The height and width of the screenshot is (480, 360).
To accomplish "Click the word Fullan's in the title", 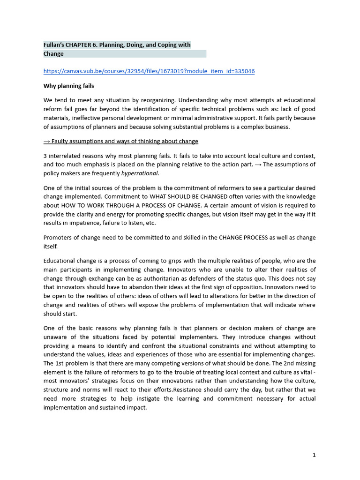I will tap(55, 45).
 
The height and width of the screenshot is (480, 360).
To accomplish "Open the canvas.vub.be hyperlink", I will tap(149, 71).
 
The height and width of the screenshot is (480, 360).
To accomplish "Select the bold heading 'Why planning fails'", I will tap(69, 86).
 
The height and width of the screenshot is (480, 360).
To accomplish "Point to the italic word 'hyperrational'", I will tap(140, 173).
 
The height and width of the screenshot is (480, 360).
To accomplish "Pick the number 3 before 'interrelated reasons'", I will tap(45, 156).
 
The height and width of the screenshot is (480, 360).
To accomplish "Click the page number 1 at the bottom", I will tap(314, 455).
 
